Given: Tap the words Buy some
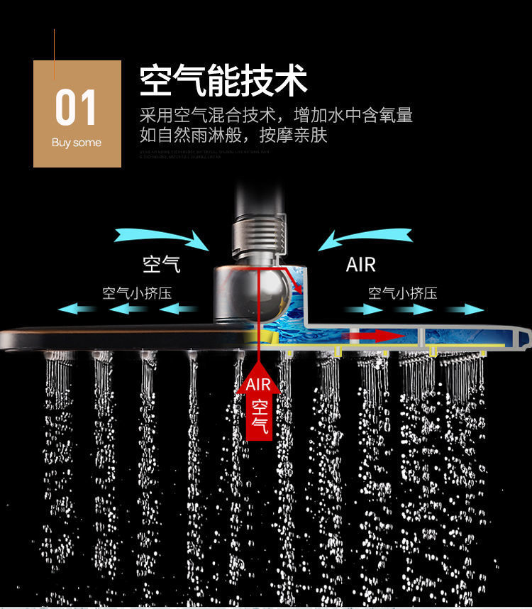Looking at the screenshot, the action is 77,143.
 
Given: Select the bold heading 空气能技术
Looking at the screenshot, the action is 223,80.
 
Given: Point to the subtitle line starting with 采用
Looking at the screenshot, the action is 276,115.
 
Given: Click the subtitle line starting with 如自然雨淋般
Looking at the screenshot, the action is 233,135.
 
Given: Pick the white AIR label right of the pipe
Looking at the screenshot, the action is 360,265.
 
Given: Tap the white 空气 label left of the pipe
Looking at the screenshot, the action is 162,265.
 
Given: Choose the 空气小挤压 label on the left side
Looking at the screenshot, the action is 137,293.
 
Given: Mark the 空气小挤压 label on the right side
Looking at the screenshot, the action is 403,293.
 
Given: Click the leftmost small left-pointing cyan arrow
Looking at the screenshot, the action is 77,309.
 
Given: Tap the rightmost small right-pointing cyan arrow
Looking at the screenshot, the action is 465,309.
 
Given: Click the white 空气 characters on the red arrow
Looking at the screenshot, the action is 260,417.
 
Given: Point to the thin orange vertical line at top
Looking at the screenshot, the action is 55,54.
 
